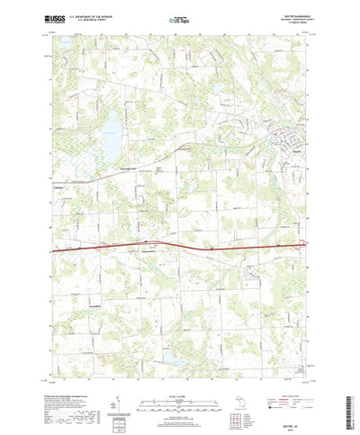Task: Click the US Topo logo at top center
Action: click(x=180, y=17)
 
